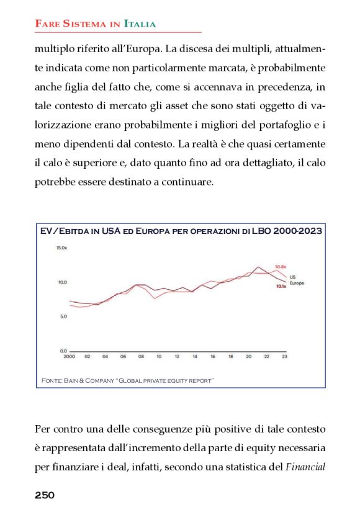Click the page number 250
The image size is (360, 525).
(44, 495)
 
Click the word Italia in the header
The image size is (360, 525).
(140, 24)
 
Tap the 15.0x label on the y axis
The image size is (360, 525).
(61, 248)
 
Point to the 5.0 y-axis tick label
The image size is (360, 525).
(63, 316)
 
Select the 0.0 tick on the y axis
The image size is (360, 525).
(63, 351)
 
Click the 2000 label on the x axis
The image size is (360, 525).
(70, 357)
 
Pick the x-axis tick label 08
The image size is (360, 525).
(141, 357)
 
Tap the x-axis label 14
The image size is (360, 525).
(195, 357)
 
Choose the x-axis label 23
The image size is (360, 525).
(285, 357)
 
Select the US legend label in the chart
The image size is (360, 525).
(292, 276)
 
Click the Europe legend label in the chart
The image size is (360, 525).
(297, 282)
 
